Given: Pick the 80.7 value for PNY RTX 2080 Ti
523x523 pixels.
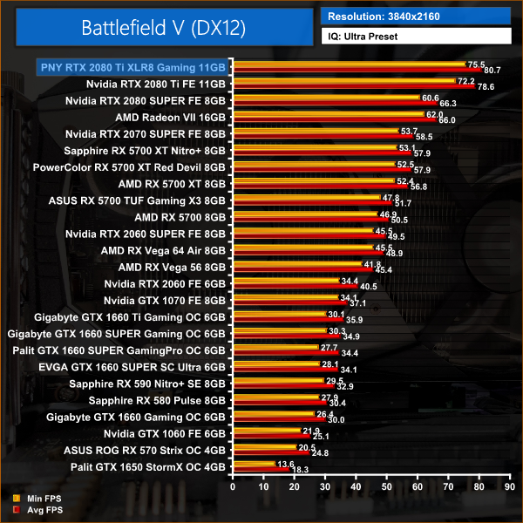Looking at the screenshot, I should click(492, 71).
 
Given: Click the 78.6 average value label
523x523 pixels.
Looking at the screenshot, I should click(486, 86).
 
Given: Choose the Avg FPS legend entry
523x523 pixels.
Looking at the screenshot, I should click(36, 510).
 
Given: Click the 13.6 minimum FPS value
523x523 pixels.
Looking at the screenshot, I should click(285, 465).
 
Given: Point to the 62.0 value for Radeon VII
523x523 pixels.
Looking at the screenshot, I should click(434, 114).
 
